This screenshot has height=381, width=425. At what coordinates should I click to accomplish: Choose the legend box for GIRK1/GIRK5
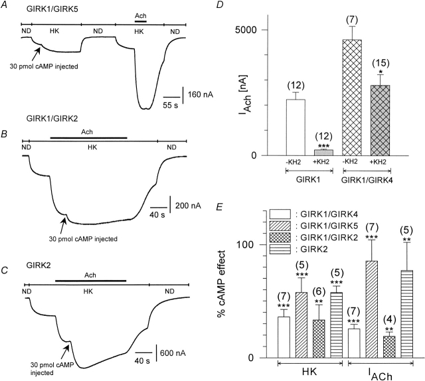click(x=282, y=227)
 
